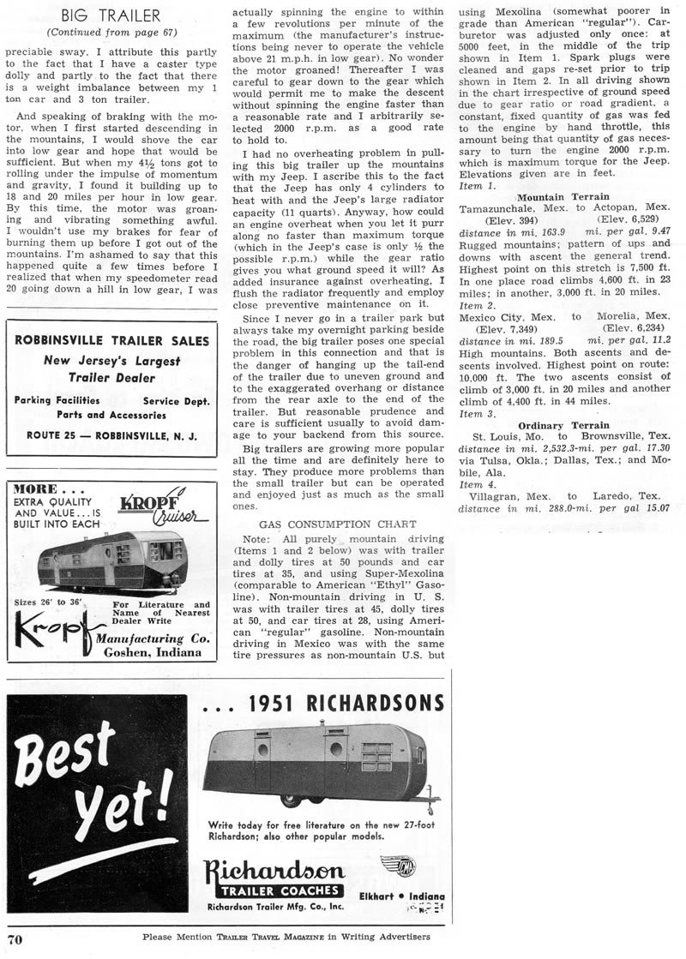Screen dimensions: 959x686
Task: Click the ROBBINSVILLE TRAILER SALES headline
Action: coord(111,340)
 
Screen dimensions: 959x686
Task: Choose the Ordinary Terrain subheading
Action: coord(563,425)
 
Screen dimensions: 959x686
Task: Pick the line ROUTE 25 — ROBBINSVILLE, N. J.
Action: coord(111,435)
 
